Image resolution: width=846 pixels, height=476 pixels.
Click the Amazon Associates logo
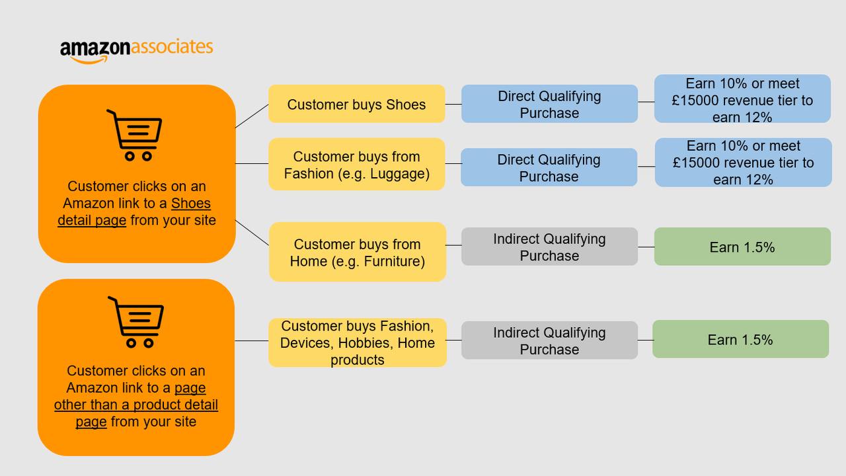(x=136, y=51)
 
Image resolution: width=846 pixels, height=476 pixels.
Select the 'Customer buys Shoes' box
(x=356, y=104)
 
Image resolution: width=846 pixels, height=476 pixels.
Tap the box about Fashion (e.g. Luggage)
(x=356, y=164)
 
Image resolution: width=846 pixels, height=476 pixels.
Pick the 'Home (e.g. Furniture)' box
(x=358, y=252)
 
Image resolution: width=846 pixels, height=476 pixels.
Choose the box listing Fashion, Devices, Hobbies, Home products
(x=358, y=342)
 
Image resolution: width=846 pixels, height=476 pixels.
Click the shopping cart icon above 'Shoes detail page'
(x=135, y=136)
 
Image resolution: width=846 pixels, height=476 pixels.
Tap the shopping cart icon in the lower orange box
(x=136, y=322)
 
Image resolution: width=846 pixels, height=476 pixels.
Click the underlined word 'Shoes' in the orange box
(x=191, y=203)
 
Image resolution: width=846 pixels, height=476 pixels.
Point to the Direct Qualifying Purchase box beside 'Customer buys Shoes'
(x=549, y=104)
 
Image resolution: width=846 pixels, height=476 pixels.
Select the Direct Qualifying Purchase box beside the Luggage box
(x=549, y=167)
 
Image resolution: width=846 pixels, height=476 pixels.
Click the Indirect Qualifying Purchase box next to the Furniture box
(x=549, y=247)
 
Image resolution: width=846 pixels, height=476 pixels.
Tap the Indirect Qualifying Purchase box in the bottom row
(x=549, y=340)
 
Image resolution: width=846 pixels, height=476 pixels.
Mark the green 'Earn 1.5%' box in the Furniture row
(x=742, y=247)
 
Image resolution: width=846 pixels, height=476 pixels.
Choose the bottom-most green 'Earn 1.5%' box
(x=741, y=339)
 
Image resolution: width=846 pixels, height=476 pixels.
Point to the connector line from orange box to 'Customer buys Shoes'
(x=252, y=116)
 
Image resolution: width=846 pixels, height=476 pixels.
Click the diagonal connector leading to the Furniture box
(x=252, y=233)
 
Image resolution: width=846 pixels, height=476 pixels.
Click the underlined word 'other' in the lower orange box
(x=69, y=405)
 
